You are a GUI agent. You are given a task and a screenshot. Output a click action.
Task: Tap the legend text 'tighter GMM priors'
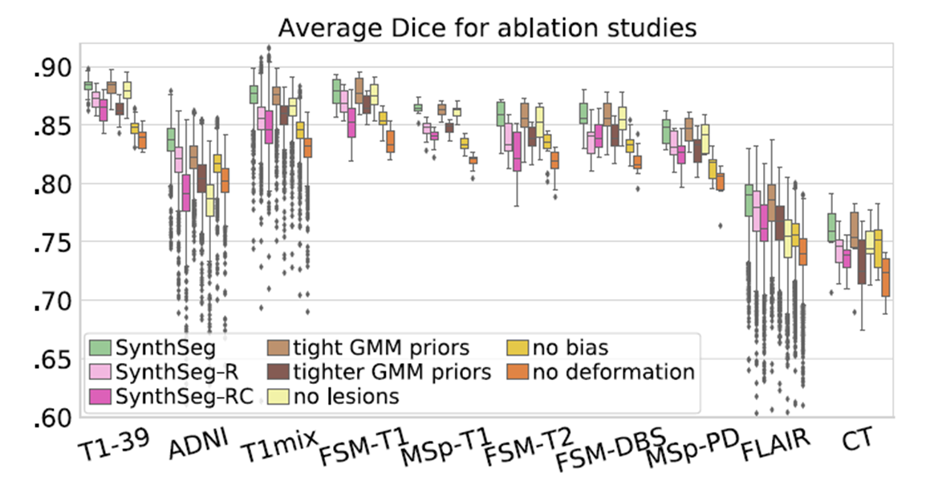392,372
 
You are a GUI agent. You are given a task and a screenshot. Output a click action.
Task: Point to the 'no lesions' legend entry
346,396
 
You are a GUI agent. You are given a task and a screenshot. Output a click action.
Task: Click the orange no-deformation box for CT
886,277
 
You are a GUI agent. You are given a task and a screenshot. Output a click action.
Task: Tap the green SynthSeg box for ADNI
171,139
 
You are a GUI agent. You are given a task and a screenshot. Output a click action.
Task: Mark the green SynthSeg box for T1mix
254,94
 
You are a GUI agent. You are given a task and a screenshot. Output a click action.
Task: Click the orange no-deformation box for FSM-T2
554,160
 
